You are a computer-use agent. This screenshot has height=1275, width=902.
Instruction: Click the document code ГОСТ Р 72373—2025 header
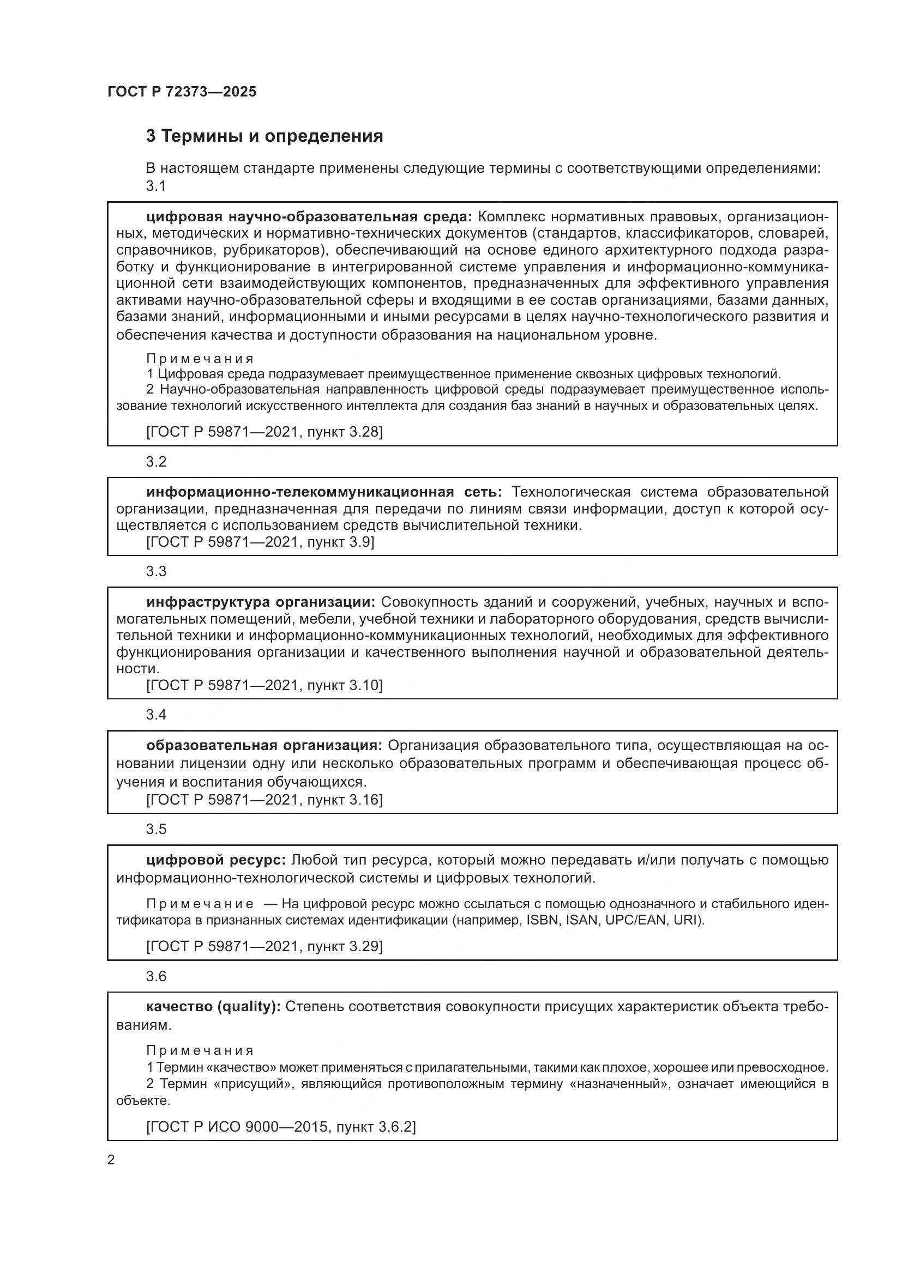click(182, 92)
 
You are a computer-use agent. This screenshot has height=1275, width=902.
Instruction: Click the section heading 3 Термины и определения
click(264, 136)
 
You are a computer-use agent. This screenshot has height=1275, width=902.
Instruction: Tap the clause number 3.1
click(156, 186)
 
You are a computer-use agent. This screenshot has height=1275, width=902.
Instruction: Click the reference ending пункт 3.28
click(264, 432)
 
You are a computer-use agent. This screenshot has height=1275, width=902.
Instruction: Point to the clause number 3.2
click(156, 462)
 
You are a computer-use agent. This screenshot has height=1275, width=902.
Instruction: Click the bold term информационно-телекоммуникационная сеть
click(324, 492)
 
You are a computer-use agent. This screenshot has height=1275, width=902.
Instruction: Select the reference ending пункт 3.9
click(260, 542)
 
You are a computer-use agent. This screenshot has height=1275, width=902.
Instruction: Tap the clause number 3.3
click(156, 571)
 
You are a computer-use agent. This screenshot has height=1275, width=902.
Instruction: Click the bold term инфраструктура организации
click(261, 602)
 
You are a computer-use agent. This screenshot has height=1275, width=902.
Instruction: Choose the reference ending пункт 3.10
click(264, 685)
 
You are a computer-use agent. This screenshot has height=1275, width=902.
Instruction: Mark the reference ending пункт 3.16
click(264, 800)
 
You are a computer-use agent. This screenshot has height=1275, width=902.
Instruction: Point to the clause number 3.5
click(156, 829)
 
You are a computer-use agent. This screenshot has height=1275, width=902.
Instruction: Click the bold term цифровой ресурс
click(216, 860)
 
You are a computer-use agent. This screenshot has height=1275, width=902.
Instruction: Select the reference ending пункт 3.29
click(264, 946)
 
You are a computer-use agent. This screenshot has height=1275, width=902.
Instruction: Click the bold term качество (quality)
click(213, 1007)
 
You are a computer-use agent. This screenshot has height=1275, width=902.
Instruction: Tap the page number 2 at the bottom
click(111, 1160)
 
